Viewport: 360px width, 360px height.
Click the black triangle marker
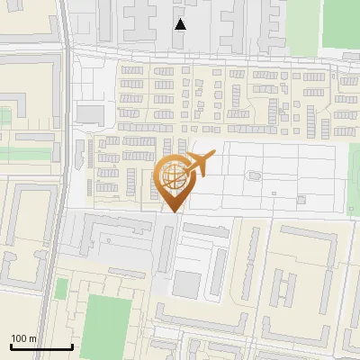181,24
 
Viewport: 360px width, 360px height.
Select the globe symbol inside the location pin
171,174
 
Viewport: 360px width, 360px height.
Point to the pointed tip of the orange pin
172,211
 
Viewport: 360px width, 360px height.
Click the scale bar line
40,346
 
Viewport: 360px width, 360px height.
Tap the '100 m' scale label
23,338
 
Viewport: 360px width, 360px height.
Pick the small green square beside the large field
61,289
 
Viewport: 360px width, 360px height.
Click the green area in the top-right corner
341,22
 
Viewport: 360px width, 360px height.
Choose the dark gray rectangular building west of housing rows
90,113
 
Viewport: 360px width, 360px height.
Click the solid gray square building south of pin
186,285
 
